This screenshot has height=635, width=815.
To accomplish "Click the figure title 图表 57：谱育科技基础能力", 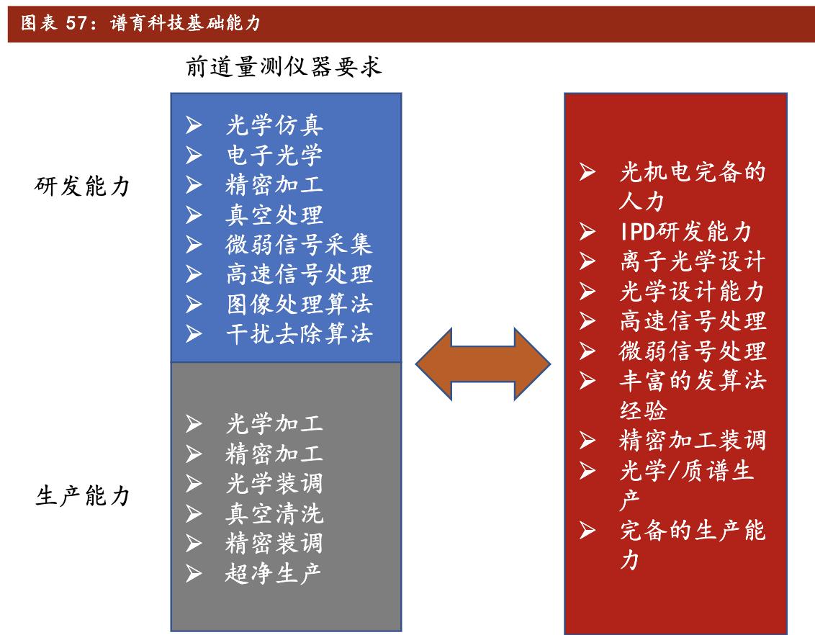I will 140,24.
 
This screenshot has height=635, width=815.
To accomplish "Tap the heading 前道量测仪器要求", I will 284,67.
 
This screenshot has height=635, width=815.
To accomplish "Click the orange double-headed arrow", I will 483,364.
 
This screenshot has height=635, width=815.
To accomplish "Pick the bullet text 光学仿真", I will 274,125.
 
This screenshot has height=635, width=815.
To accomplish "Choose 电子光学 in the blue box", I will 274,155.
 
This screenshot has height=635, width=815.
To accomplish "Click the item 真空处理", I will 274,215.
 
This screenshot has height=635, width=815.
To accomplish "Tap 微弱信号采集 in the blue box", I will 299,244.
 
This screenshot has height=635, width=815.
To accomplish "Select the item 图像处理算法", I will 299,304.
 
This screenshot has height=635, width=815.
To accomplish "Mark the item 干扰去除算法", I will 299,334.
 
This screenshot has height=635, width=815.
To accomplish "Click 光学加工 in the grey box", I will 274,423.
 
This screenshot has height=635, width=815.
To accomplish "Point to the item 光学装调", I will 274,483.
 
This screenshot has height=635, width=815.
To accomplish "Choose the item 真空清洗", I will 274,513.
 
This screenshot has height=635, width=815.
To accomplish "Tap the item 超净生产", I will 274,572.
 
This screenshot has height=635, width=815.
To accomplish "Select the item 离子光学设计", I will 692,261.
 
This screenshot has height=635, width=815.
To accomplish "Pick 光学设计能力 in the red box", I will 692,291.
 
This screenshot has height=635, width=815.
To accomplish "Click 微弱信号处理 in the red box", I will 692,351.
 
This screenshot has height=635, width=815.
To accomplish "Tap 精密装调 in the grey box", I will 274,543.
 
